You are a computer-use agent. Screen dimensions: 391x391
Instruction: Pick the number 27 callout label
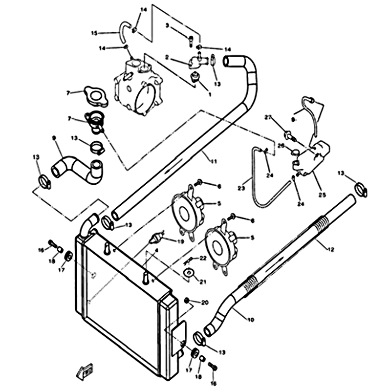(x=268, y=117)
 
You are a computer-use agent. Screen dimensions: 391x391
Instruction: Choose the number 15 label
(x=94, y=33)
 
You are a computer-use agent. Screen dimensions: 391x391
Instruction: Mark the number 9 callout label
(x=54, y=138)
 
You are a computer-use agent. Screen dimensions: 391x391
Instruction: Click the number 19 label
(x=180, y=241)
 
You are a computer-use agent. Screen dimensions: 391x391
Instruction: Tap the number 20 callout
(x=205, y=302)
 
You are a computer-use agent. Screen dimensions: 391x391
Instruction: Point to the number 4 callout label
(x=156, y=251)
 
